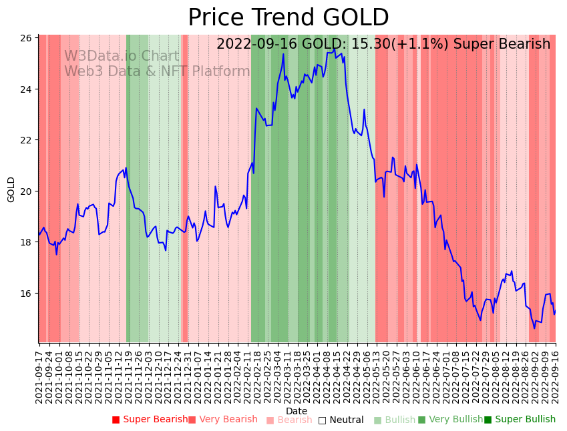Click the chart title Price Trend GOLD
(x=288, y=18)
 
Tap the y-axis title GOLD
(x=11, y=189)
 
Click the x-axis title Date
(x=297, y=412)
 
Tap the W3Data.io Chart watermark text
(x=122, y=57)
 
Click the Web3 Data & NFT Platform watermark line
(x=157, y=72)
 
